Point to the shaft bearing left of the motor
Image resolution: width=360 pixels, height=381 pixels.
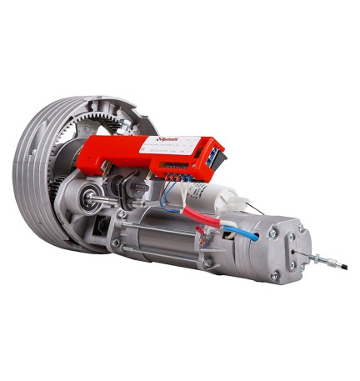coord(87,201)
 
